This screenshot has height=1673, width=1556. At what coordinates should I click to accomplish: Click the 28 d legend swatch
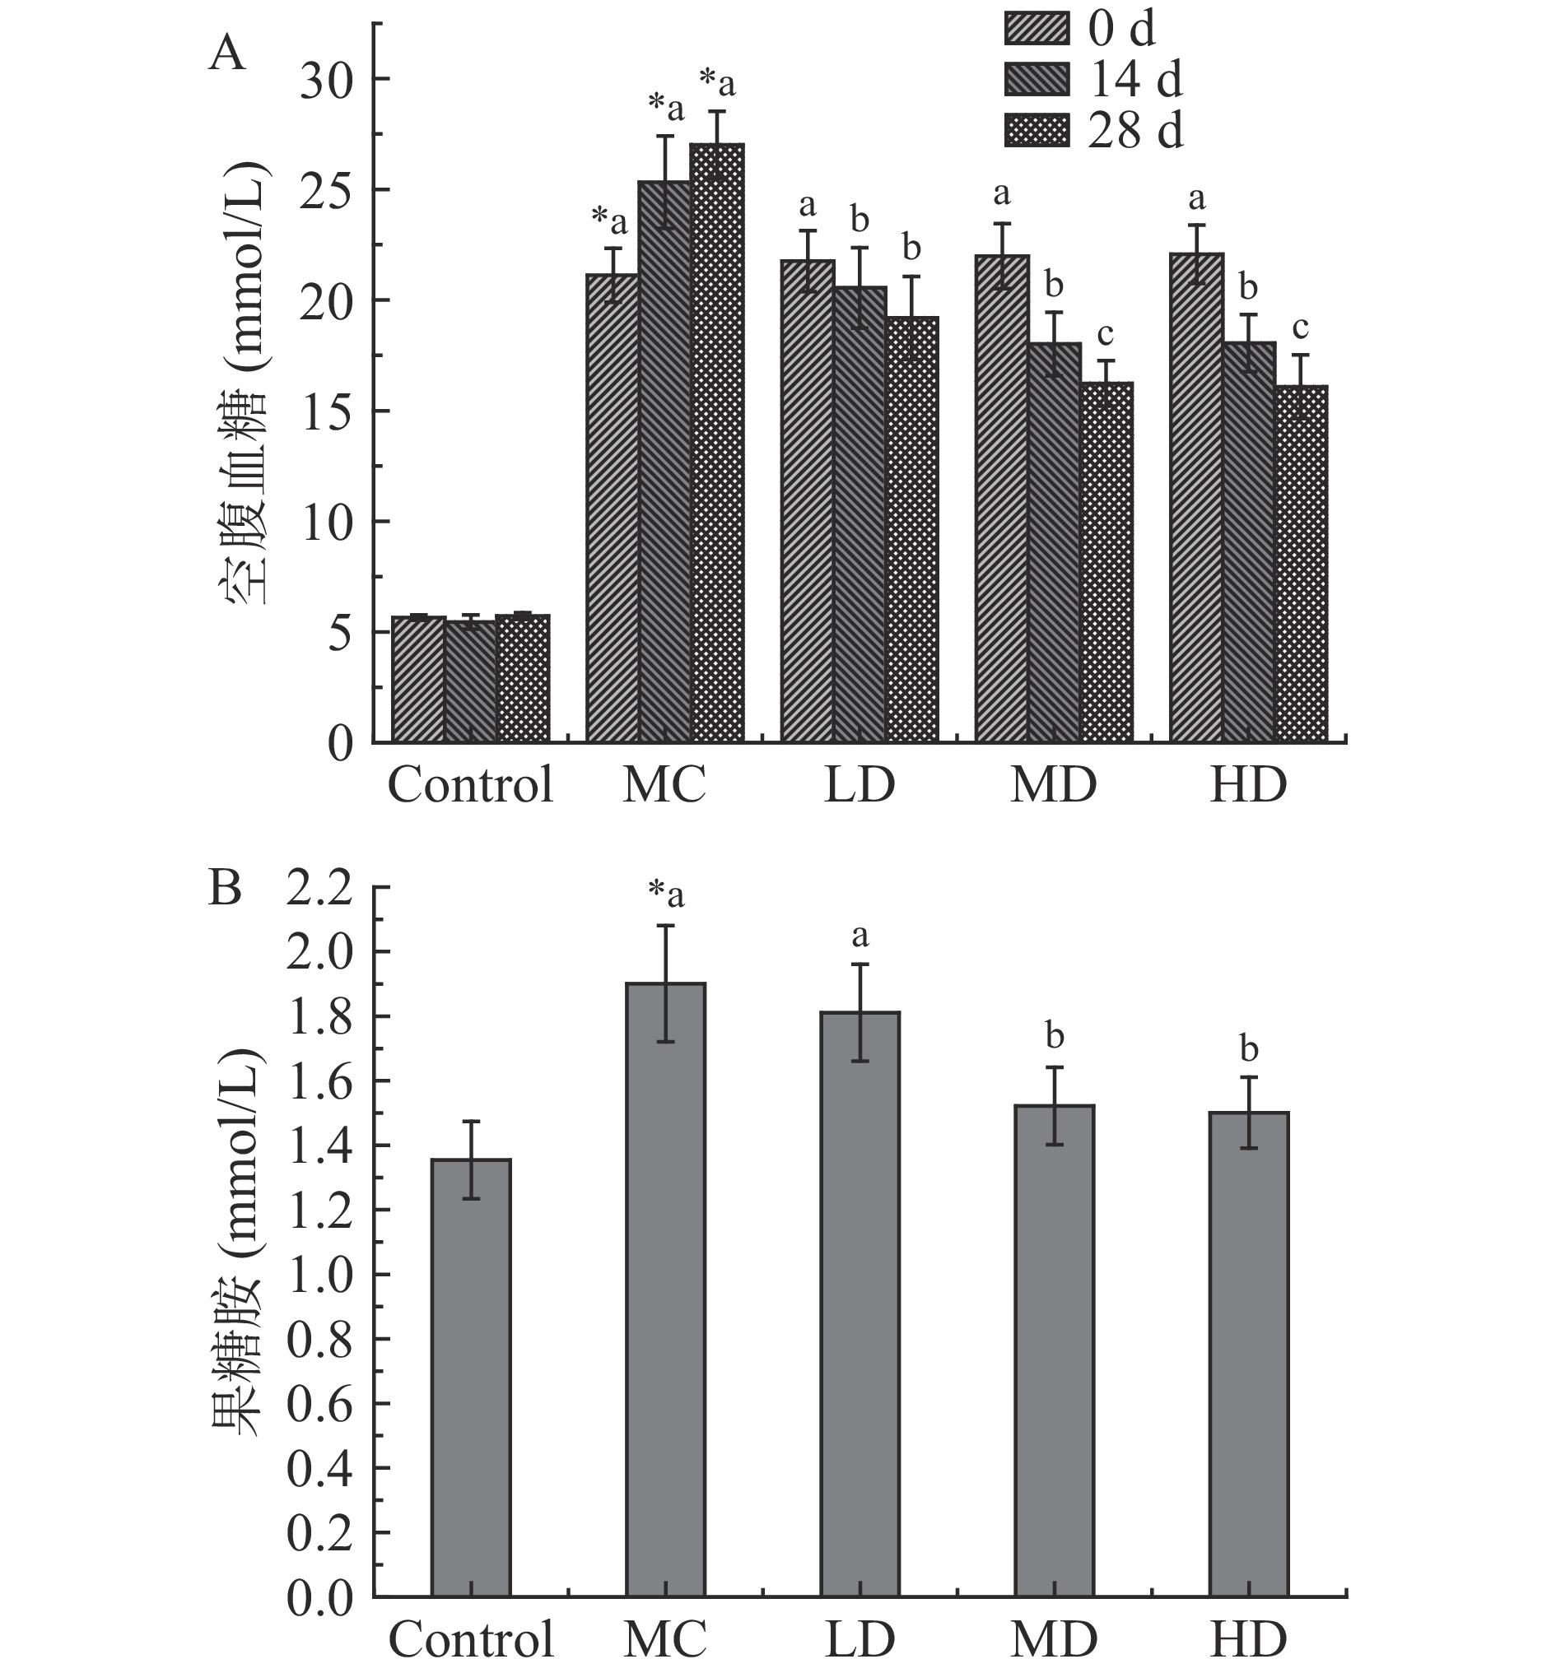[1037, 131]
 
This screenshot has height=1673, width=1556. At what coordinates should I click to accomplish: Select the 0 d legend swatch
[1037, 29]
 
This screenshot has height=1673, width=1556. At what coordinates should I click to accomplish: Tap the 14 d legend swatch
[1037, 79]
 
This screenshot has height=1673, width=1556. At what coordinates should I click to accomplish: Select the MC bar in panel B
[665, 1297]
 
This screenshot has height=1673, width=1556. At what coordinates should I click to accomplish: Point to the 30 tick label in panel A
[327, 80]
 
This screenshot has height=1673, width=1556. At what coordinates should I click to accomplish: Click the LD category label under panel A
[859, 784]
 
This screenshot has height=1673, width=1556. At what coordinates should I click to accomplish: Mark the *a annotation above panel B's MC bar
[666, 894]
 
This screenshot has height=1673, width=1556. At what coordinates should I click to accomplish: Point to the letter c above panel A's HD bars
[1300, 328]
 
